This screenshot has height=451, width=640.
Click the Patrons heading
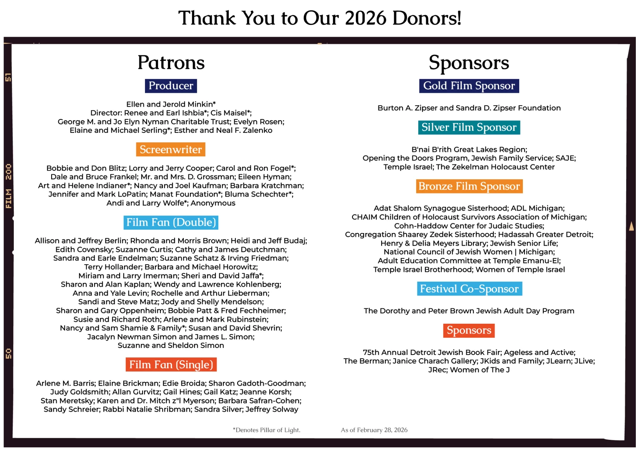(x=171, y=63)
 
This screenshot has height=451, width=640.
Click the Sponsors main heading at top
(x=469, y=63)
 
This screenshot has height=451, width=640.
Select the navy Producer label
(x=171, y=86)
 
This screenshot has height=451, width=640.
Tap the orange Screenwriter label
(x=170, y=149)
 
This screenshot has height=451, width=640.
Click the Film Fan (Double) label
(x=171, y=222)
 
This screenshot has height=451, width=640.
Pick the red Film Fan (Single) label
(x=171, y=364)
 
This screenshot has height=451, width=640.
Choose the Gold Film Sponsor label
(x=469, y=86)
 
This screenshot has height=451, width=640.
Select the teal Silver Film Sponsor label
(x=469, y=127)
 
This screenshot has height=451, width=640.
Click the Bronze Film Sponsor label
(x=469, y=186)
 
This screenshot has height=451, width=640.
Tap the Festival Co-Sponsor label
(x=469, y=289)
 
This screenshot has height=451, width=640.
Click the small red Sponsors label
(x=469, y=330)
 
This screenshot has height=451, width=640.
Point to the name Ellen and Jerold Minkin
(x=171, y=104)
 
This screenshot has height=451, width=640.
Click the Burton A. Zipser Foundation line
(x=469, y=108)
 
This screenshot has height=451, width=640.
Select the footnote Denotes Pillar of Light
(x=267, y=430)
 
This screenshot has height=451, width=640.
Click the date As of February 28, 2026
(x=374, y=430)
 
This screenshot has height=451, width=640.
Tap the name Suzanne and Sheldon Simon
(x=171, y=345)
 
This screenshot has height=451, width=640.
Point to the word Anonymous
(x=213, y=203)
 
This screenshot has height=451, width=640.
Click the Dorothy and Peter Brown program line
(x=469, y=311)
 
